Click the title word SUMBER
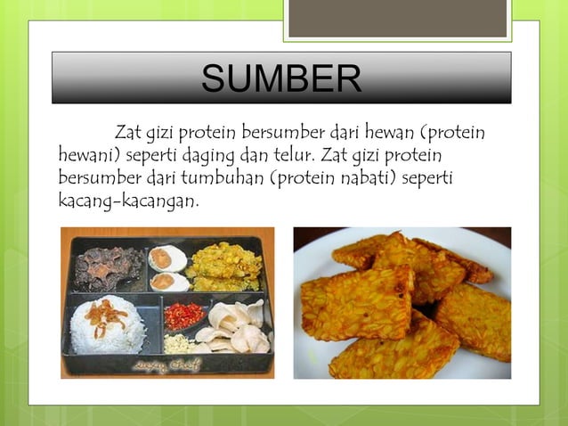(281, 78)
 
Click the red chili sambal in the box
(186, 314)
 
